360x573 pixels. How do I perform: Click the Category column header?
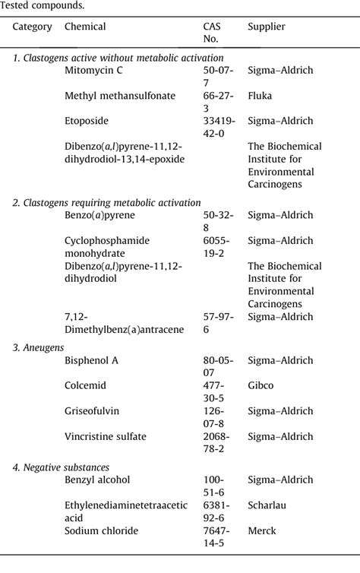pyautogui.click(x=33, y=27)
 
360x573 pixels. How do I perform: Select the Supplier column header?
pyautogui.click(x=267, y=27)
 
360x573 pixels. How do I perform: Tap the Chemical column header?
pyautogui.click(x=85, y=27)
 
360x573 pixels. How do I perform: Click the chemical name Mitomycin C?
pyautogui.click(x=93, y=71)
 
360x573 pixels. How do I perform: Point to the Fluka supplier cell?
pyautogui.click(x=260, y=97)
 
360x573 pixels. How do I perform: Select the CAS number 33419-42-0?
pyautogui.click(x=219, y=126)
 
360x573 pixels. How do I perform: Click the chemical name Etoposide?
pyautogui.click(x=87, y=121)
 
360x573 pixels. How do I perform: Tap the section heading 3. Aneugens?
pyautogui.click(x=38, y=347)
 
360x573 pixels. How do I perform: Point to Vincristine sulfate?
pyautogui.click(x=106, y=436)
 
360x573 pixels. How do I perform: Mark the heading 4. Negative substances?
pyautogui.click(x=61, y=467)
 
